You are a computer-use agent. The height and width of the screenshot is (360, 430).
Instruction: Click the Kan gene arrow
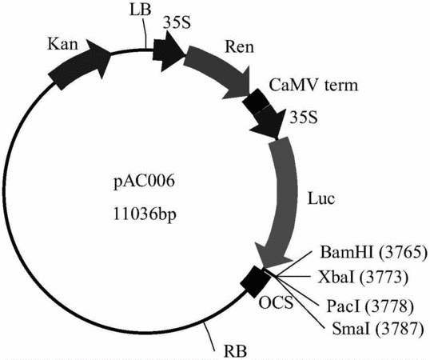(x=80, y=64)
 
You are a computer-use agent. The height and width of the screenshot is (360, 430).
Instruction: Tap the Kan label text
(x=62, y=44)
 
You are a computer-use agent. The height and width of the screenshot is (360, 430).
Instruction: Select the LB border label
(x=140, y=10)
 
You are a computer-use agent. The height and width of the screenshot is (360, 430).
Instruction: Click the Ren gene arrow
(x=217, y=72)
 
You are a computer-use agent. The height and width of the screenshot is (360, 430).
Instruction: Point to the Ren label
(x=239, y=46)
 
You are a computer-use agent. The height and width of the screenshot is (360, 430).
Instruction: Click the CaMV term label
(x=313, y=85)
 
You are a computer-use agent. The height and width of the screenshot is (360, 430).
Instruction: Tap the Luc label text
(x=321, y=198)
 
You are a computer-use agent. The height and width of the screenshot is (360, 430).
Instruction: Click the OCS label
(x=277, y=303)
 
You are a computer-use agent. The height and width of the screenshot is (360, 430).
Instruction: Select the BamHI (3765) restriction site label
(x=373, y=252)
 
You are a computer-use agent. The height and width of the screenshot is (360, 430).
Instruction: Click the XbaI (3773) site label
(x=364, y=277)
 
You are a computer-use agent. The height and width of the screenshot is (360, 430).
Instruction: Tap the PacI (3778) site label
(x=370, y=306)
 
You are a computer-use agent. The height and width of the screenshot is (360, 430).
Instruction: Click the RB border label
(x=235, y=350)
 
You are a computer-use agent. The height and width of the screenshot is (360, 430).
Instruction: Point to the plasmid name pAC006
(x=144, y=182)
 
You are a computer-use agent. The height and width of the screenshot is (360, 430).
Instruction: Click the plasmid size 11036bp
(x=145, y=214)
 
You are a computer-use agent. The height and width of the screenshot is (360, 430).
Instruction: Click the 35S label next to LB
(x=177, y=23)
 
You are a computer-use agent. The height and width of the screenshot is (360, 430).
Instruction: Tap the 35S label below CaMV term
(x=305, y=117)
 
